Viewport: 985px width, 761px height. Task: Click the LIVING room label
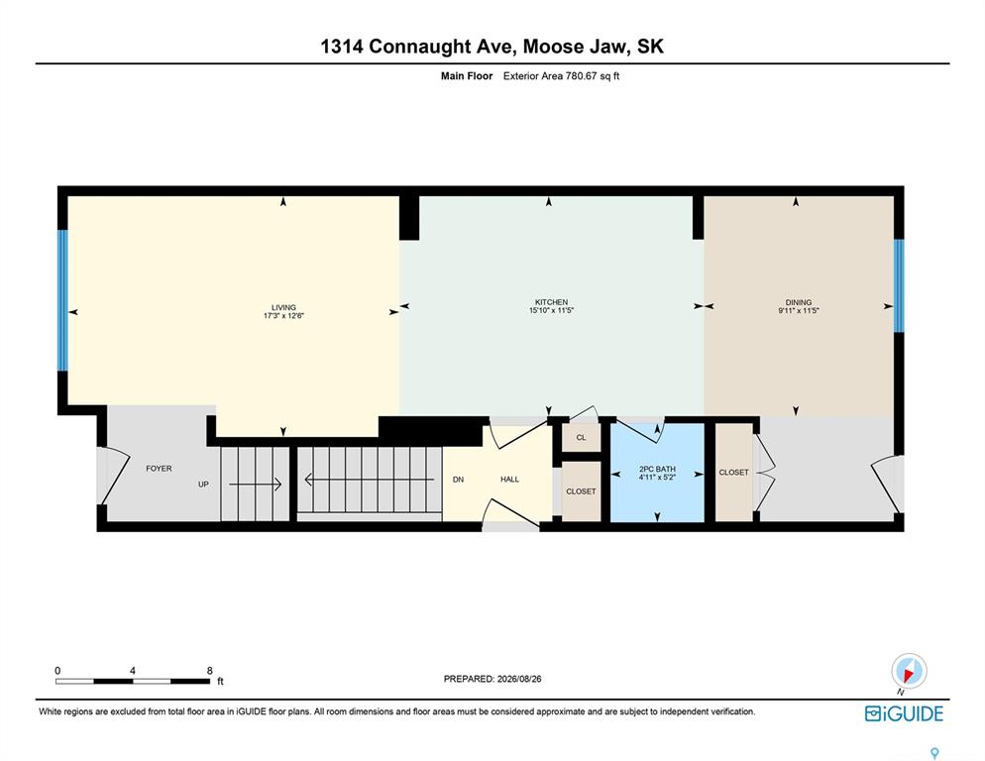pyautogui.click(x=283, y=307)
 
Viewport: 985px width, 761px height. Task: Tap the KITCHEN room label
pyautogui.click(x=551, y=301)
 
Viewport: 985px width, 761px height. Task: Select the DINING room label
pyautogui.click(x=799, y=301)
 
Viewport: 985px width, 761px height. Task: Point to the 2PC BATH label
pyautogui.click(x=657, y=469)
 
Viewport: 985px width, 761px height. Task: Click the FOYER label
pyautogui.click(x=159, y=468)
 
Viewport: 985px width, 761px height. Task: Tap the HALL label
pyautogui.click(x=509, y=479)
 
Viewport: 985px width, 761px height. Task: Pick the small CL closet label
pyautogui.click(x=581, y=437)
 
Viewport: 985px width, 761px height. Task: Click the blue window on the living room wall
pyautogui.click(x=62, y=300)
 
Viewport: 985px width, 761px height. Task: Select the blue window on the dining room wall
pyautogui.click(x=899, y=286)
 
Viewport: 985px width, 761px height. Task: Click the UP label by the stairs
pyautogui.click(x=203, y=484)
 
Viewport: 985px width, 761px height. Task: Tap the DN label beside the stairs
pyautogui.click(x=458, y=479)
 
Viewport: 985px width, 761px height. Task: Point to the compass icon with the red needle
pyautogui.click(x=909, y=671)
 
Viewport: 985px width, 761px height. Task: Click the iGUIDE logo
pyautogui.click(x=904, y=713)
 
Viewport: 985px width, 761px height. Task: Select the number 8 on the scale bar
pyautogui.click(x=210, y=671)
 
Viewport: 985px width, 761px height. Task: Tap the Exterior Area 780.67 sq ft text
pyautogui.click(x=561, y=76)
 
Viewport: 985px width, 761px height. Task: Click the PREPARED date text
pyautogui.click(x=492, y=679)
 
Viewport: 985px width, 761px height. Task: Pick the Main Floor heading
pyautogui.click(x=467, y=76)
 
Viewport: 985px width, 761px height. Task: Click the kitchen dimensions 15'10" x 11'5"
pyautogui.click(x=551, y=310)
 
